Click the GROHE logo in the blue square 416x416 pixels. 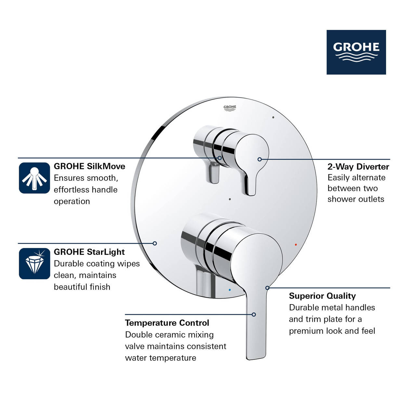point(356,52)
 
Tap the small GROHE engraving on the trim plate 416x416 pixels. point(230,108)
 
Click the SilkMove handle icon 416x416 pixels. point(34,178)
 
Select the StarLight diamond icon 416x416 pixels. point(34,264)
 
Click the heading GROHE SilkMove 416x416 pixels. point(89,166)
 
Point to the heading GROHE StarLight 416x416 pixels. point(89,252)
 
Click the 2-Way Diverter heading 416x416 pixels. point(358,167)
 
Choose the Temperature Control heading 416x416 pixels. point(167,323)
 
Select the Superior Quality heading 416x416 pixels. point(322,296)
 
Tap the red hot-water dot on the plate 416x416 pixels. point(296,244)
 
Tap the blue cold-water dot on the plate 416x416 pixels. point(230,290)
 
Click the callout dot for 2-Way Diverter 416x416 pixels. point(260,159)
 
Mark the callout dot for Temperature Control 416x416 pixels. point(254,315)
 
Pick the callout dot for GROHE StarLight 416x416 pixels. point(155,243)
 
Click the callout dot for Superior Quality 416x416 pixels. point(267,288)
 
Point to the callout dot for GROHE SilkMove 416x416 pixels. point(220,158)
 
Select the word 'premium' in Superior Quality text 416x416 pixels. point(304,331)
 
